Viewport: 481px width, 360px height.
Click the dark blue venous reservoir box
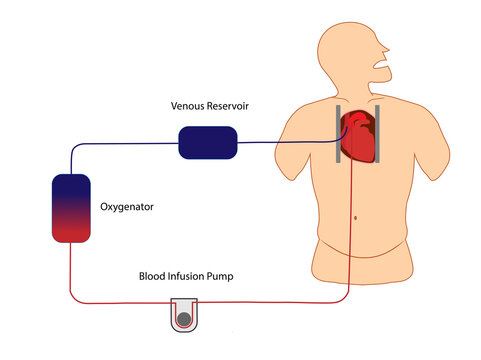point(208,142)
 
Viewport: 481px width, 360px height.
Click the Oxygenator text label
point(128,207)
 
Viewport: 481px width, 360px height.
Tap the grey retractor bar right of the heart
point(379,133)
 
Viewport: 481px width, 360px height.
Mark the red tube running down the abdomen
point(349,230)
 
